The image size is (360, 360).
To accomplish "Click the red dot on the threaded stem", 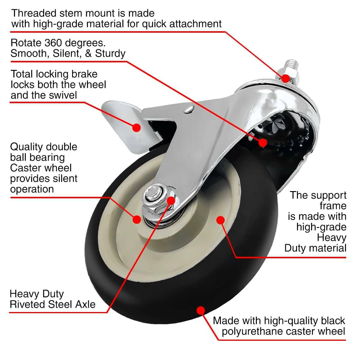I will coord(285,79).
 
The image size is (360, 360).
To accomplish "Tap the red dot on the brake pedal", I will coord(136,127).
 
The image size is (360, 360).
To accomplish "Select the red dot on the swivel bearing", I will coord(263,142).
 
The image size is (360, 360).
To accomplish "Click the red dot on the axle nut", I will coord(171,200).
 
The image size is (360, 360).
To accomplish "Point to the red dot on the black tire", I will coord(200,310).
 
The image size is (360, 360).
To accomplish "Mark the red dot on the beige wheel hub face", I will coord(220,220).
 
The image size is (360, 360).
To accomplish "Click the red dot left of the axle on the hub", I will coord(137,219).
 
